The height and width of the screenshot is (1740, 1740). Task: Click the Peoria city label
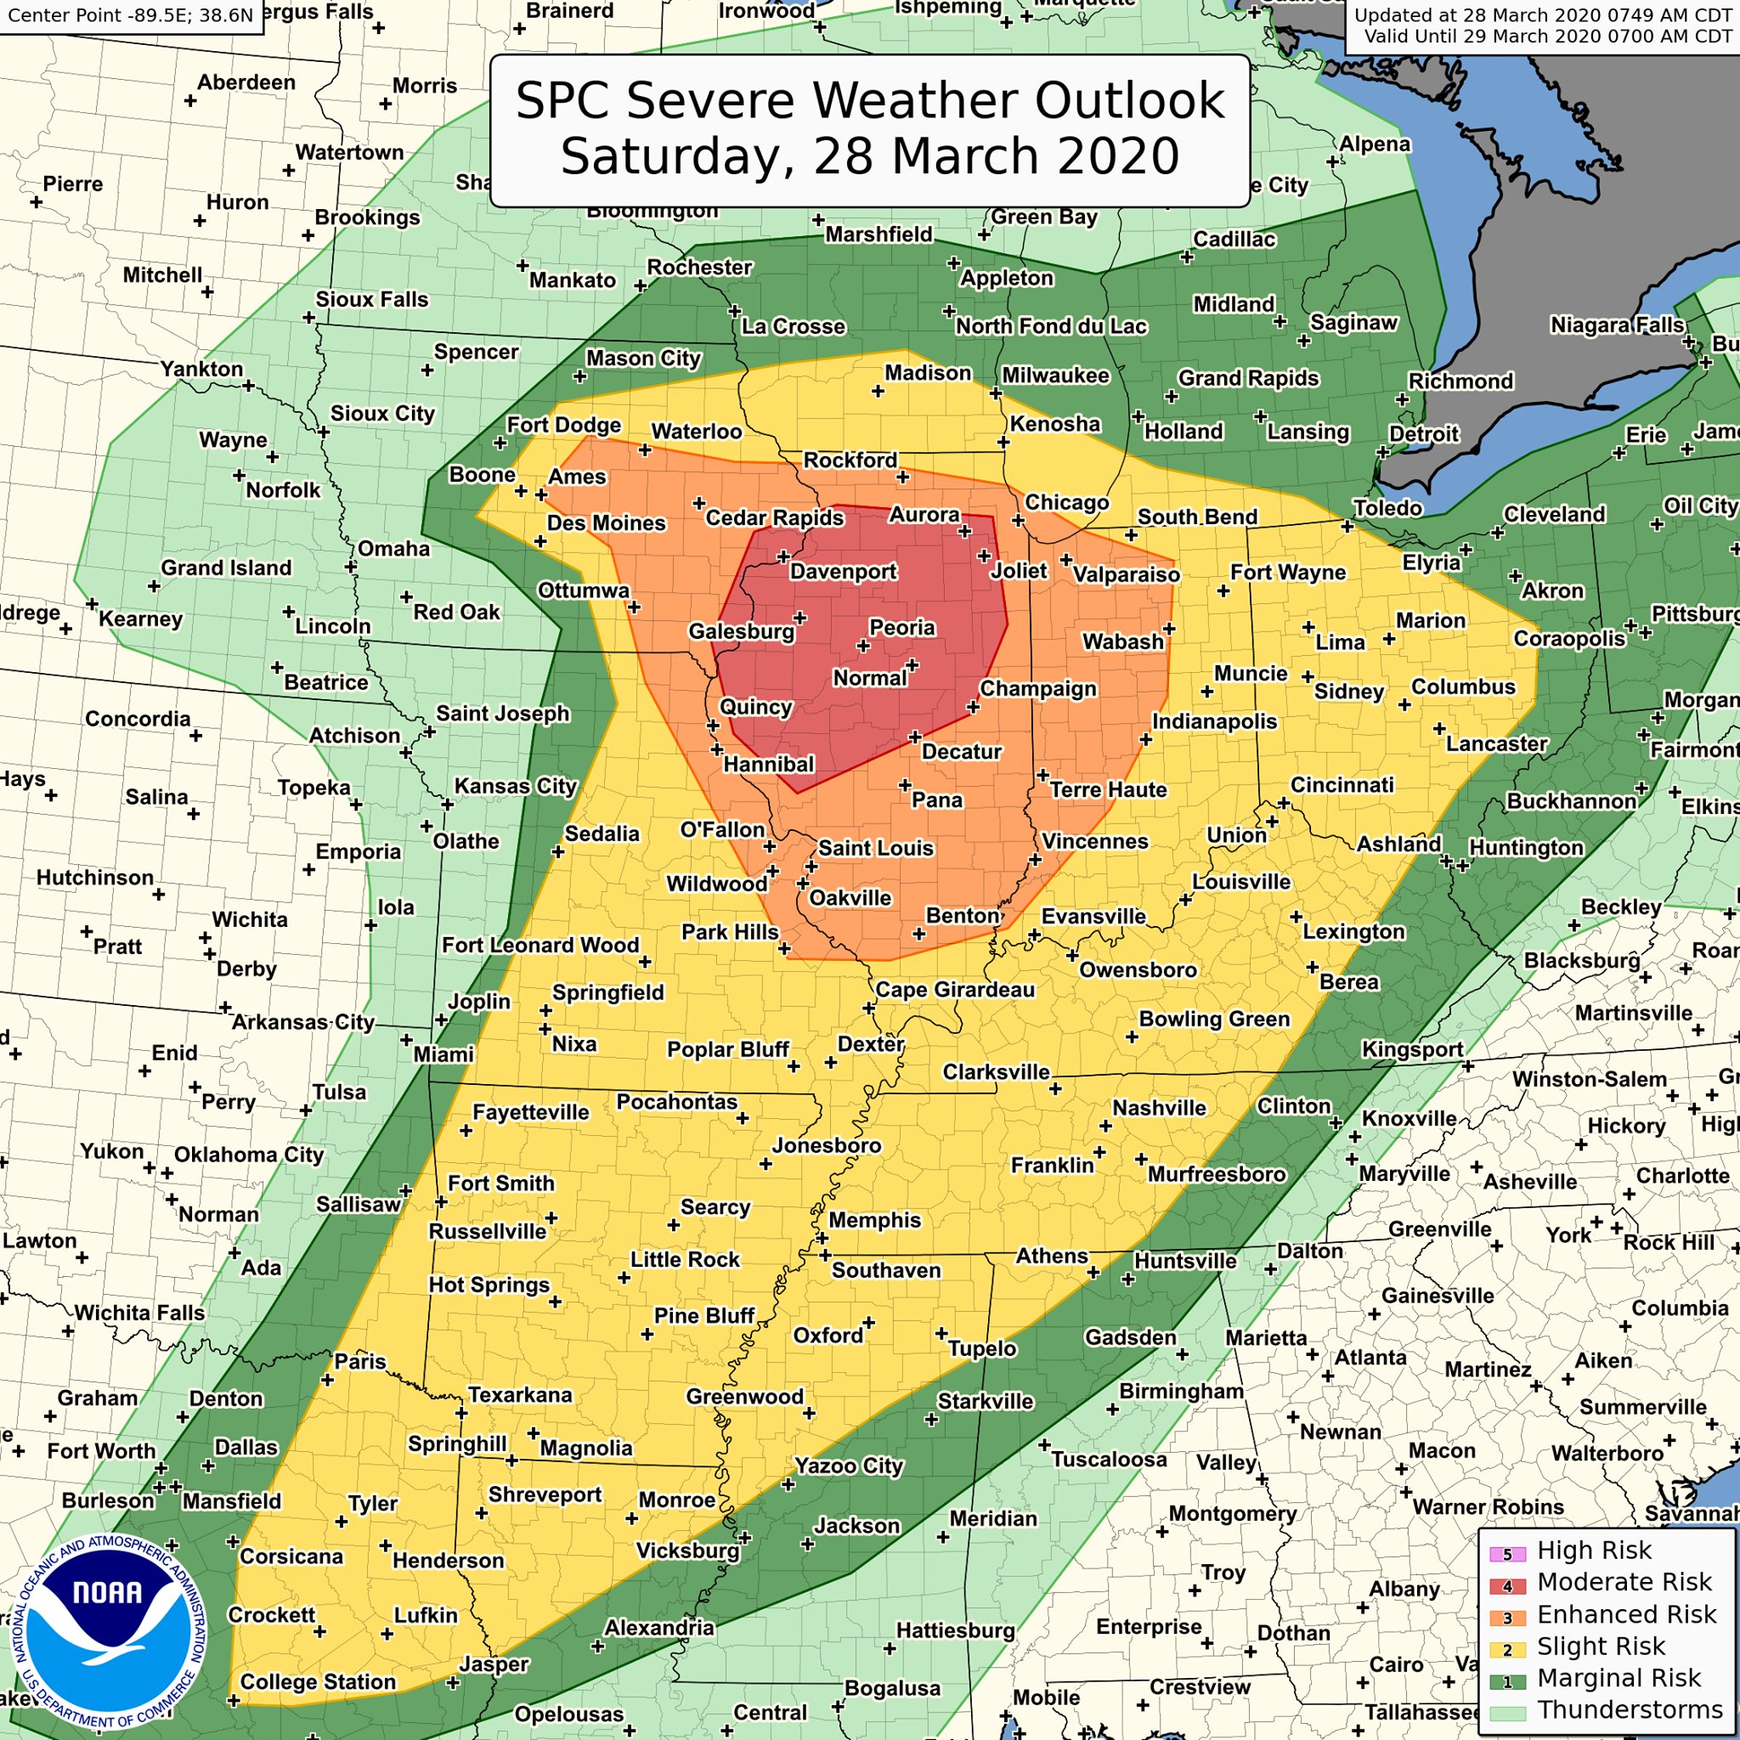pos(901,628)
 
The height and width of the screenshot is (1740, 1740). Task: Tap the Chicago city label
pos(1066,503)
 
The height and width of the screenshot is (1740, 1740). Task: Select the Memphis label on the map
pos(874,1219)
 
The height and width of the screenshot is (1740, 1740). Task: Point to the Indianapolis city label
pos(1214,721)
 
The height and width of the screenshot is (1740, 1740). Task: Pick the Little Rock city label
pos(685,1259)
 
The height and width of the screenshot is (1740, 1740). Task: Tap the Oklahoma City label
pos(249,1155)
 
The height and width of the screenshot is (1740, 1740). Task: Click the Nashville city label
pos(1159,1108)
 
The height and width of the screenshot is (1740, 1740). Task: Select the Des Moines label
pos(606,523)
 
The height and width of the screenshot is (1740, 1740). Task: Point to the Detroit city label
pos(1423,434)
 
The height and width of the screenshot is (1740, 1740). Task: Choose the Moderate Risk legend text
pos(1624,1581)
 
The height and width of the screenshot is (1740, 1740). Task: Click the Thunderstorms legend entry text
pos(1630,1709)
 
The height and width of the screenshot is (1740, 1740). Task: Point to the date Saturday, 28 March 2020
pos(870,155)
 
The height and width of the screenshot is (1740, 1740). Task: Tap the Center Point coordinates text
pos(131,15)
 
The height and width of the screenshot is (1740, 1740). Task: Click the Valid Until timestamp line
pos(1547,37)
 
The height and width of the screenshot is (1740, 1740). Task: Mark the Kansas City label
pos(515,786)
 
